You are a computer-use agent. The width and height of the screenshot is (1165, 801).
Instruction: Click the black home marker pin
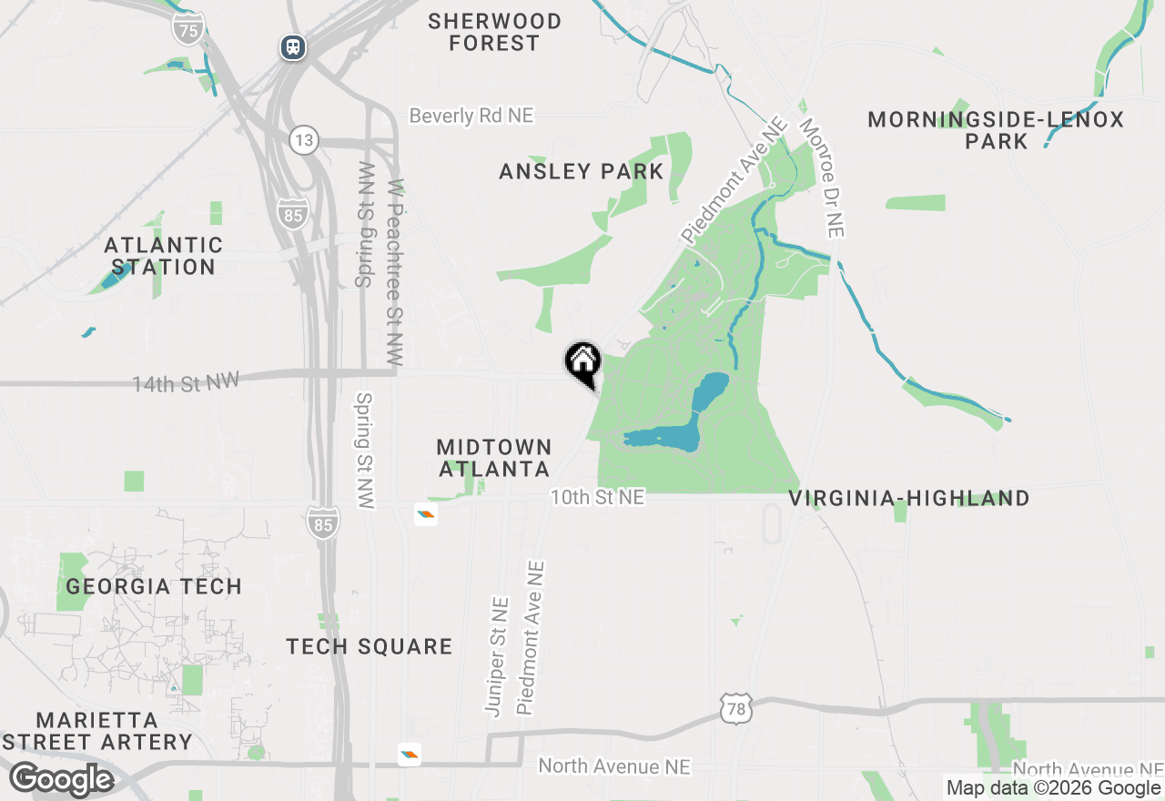tap(582, 361)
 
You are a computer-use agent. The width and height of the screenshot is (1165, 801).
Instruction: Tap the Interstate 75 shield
tap(187, 28)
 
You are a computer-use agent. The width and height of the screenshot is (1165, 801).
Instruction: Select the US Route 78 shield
tap(734, 708)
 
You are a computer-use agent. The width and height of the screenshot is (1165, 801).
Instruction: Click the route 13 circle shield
tap(304, 140)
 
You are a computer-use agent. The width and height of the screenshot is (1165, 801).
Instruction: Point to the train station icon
tap(292, 46)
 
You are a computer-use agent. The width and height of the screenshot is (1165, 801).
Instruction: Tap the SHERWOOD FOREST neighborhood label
tap(494, 32)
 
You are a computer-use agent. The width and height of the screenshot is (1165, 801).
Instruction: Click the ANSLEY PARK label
tap(581, 171)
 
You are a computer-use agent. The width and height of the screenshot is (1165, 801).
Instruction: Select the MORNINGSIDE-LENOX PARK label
tap(996, 130)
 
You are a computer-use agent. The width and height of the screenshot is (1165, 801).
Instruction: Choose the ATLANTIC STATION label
tap(164, 256)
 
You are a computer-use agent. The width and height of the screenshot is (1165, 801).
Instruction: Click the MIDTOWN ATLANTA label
tap(494, 458)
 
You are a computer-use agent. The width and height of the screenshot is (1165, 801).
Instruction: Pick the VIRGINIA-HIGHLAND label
tap(908, 498)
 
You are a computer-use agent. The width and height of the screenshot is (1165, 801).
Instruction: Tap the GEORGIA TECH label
tap(154, 586)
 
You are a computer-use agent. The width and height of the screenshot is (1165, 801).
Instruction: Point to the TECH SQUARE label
tap(369, 646)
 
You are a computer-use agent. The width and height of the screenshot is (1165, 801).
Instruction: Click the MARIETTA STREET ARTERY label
tap(102, 731)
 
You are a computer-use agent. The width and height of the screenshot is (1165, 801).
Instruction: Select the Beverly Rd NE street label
tap(471, 116)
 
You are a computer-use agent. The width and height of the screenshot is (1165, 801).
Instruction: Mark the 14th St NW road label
tap(186, 383)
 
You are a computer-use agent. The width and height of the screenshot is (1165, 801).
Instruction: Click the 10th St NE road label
tap(596, 497)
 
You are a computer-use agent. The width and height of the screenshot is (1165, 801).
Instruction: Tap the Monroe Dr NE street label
tap(823, 177)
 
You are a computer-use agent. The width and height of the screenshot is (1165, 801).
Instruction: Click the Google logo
tap(62, 779)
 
